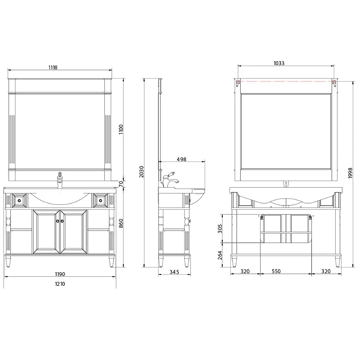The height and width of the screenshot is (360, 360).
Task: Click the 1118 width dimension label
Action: tap(53, 67)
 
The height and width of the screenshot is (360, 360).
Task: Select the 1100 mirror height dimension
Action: tap(121, 130)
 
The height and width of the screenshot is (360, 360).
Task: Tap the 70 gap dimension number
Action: tap(121, 184)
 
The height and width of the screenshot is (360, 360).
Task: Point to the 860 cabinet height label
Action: tap(121, 223)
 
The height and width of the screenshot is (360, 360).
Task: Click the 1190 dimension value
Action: tap(60, 274)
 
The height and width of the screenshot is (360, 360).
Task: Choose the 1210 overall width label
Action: tap(60, 284)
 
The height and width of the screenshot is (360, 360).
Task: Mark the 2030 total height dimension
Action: tap(141, 172)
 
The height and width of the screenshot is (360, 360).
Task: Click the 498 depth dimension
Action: tap(181, 159)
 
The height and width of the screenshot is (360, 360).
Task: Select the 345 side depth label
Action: tap(174, 272)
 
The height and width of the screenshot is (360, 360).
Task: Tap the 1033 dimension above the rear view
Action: tap(279, 63)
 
